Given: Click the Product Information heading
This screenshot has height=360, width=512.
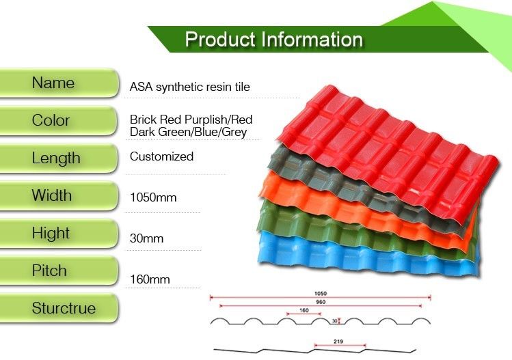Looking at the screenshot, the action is [274, 40].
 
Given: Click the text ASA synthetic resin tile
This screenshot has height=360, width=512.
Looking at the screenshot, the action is [190, 87].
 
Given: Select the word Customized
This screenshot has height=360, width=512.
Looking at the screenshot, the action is [161, 156].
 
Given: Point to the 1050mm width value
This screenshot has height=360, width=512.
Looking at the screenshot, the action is [153, 197].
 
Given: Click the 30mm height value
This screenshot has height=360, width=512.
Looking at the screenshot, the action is [146, 238].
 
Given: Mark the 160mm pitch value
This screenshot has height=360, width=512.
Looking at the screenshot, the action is [150, 279].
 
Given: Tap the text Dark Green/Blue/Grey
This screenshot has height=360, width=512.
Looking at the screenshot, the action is [188, 133].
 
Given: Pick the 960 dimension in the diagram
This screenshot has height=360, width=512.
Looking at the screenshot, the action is [321, 302].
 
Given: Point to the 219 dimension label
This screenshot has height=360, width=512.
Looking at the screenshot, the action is [338, 342].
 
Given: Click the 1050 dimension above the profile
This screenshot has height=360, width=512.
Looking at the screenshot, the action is [321, 294].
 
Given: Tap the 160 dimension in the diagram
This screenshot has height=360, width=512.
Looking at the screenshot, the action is [304, 310].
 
